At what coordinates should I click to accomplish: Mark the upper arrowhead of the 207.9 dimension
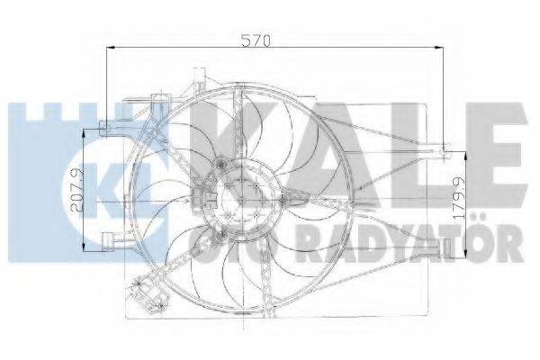pyautogui.click(x=85, y=130)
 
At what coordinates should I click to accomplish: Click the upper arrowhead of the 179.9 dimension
pyautogui.click(x=464, y=148)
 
